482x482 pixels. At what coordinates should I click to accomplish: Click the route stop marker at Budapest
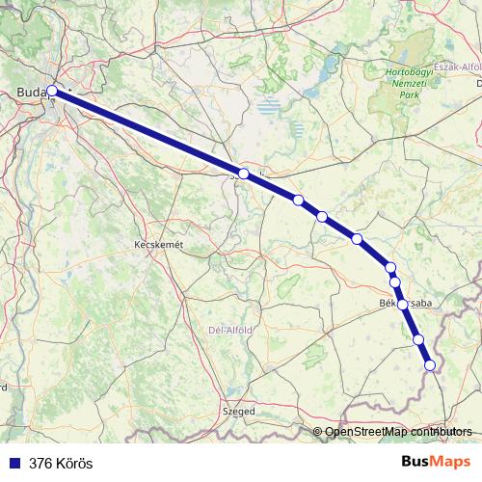52,92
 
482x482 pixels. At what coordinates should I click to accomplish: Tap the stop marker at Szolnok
244,174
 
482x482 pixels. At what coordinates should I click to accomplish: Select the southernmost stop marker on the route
430,364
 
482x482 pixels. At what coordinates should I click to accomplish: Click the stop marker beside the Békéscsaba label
402,304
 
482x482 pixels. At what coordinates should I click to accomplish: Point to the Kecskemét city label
157,246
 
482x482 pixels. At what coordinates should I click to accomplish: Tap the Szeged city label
239,411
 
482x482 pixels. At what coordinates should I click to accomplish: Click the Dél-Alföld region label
231,330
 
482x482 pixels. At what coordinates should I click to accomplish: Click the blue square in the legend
14,464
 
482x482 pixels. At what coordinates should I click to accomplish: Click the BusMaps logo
437,463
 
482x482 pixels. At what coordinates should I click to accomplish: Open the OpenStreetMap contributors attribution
399,431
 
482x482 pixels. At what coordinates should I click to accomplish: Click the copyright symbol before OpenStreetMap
318,431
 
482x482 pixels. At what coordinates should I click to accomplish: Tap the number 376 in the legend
41,464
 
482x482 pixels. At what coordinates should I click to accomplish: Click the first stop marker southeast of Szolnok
299,201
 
